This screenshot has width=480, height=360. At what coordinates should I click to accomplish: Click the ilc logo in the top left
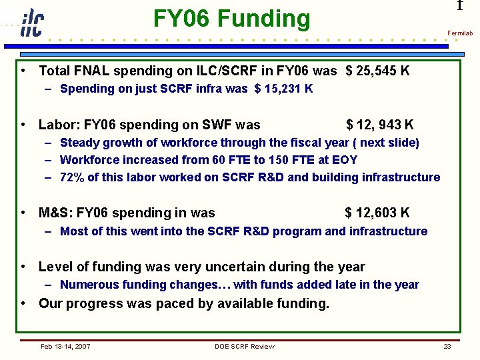point(31,23)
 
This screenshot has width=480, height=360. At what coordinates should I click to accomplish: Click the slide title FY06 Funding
point(231,19)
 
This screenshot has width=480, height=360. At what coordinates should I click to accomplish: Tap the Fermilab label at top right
point(459,33)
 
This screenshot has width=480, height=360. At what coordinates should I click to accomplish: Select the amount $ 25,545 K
point(377,71)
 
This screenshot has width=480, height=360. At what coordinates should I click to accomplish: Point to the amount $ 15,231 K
point(283,89)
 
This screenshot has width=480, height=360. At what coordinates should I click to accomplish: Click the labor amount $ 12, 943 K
point(379,125)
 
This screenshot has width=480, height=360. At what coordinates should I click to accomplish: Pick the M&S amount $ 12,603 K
point(377,213)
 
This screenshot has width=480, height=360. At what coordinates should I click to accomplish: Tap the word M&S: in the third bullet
point(56,213)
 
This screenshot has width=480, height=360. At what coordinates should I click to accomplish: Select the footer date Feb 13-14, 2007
point(65,346)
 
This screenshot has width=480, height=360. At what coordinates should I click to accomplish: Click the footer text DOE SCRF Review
point(244,346)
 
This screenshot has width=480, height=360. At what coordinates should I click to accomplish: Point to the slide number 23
point(447,346)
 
